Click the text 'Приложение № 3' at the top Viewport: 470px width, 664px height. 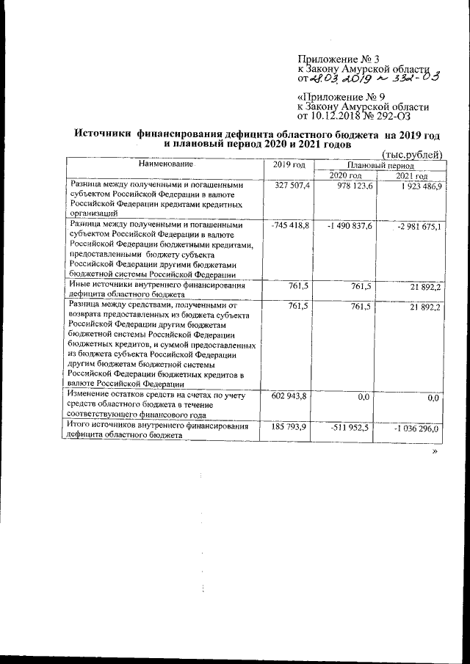(339, 59)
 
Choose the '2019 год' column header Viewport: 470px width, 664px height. (289, 166)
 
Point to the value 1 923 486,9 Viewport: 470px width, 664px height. (416, 188)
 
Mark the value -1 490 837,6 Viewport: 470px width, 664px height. (350, 225)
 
